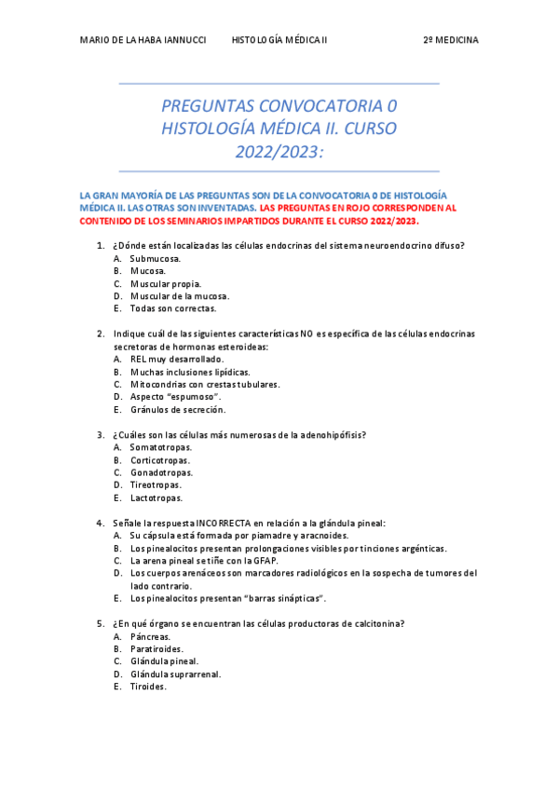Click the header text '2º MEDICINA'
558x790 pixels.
[451, 41]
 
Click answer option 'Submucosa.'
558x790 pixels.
[156, 258]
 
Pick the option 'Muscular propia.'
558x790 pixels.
[166, 283]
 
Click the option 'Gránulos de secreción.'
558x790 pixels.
[178, 409]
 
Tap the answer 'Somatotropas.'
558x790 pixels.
[161, 447]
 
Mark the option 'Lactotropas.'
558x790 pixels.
[157, 497]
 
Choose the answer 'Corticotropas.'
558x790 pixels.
[160, 460]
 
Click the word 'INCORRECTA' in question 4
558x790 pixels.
[224, 524]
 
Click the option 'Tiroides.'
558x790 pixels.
[149, 687]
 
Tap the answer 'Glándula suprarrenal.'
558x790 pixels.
[175, 674]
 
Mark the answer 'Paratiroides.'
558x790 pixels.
[157, 648]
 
